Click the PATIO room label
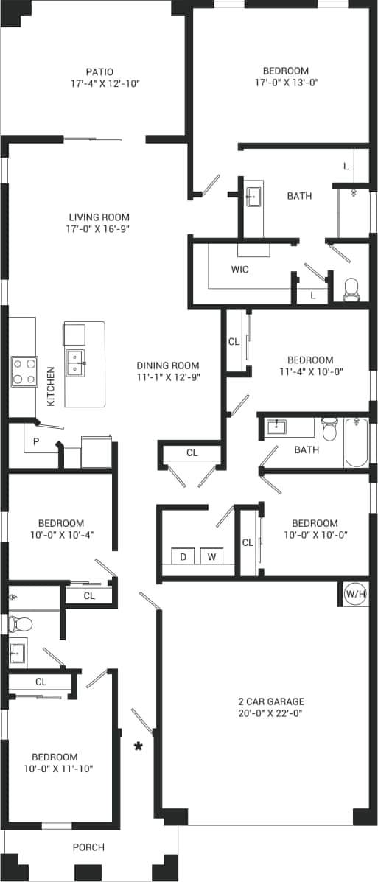[99, 71]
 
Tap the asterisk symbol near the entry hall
[138, 747]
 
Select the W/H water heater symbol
[355, 592]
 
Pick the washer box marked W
[212, 556]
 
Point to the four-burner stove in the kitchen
[24, 371]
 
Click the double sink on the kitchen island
[76, 362]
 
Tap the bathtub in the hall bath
[356, 441]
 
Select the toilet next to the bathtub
[329, 428]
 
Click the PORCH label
[88, 847]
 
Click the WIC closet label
[239, 270]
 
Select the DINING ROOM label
[168, 365]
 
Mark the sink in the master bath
[253, 196]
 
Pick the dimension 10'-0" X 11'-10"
[54, 769]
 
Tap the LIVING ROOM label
[99, 217]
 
